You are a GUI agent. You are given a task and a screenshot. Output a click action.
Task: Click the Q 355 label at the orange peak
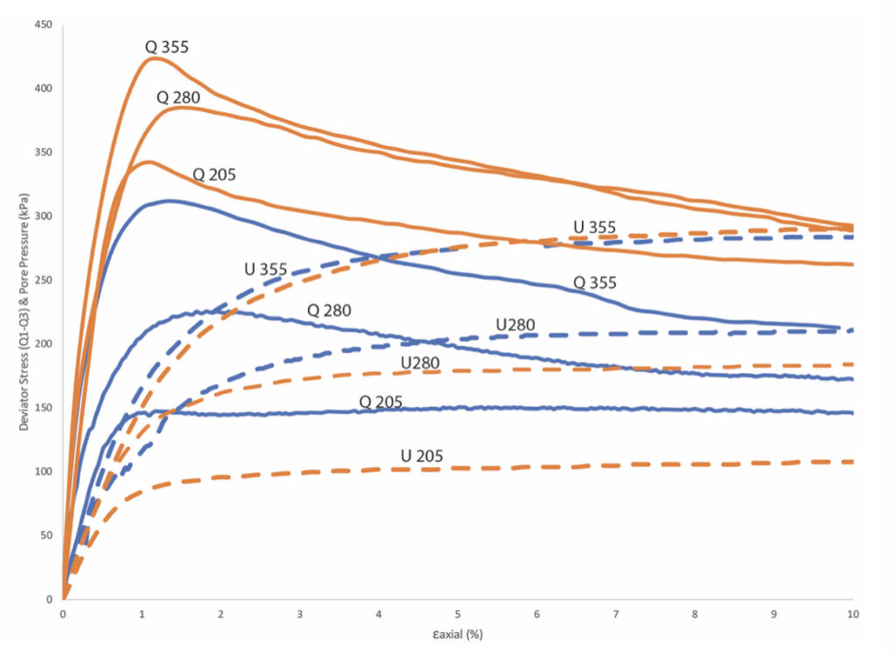tap(167, 46)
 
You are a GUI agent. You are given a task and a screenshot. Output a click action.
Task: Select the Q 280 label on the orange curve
tap(178, 96)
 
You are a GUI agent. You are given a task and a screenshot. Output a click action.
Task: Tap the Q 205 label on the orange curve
tap(214, 174)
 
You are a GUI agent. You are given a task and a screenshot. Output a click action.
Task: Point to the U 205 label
tap(422, 456)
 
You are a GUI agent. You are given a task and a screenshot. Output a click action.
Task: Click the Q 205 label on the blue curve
tap(381, 402)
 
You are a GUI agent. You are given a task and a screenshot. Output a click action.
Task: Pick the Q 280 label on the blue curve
tap(329, 311)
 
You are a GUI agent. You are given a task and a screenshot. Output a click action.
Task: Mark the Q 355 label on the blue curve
tap(595, 283)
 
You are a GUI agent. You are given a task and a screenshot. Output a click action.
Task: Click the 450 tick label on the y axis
tap(44, 25)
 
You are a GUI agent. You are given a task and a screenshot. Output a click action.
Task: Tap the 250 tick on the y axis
tap(44, 280)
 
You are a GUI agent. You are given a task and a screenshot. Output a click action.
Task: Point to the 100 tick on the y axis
tap(44, 472)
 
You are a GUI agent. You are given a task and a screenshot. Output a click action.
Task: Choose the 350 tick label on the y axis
tap(44, 152)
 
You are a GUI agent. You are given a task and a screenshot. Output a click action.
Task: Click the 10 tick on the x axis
tap(853, 615)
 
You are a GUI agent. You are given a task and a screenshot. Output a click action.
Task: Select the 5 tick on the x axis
tap(458, 615)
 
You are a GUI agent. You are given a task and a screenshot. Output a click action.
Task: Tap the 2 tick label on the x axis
tap(221, 615)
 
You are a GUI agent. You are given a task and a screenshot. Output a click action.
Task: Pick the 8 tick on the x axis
tap(695, 615)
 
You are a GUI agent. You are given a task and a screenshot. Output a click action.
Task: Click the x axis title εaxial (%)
tap(458, 635)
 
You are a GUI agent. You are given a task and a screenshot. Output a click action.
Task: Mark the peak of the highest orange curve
tap(154, 58)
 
